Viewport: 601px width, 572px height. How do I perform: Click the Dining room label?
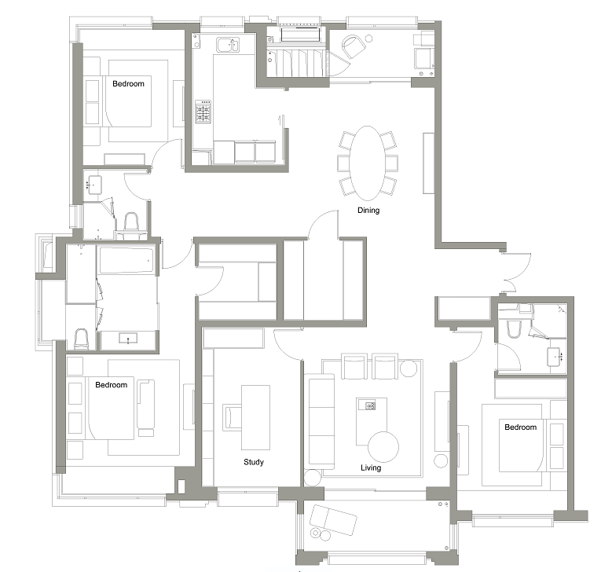pyautogui.click(x=368, y=210)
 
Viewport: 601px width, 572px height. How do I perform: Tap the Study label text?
pyautogui.click(x=254, y=462)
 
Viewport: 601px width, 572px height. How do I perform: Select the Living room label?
pyautogui.click(x=371, y=467)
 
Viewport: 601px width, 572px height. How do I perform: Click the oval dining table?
pyautogui.click(x=368, y=163)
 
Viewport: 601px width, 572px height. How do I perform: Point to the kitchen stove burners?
pyautogui.click(x=203, y=112)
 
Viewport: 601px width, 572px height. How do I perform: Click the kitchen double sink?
pyautogui.click(x=228, y=45)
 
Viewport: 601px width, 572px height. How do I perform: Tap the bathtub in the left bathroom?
pyautogui.click(x=126, y=260)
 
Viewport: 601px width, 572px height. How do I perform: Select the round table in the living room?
pyautogui.click(x=383, y=447)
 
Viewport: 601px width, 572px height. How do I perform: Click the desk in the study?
pyautogui.click(x=255, y=417)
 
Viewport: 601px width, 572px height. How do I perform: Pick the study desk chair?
pyautogui.click(x=232, y=417)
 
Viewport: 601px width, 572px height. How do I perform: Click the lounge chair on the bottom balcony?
pyautogui.click(x=333, y=520)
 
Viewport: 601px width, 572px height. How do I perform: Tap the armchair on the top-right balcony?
pyautogui.click(x=354, y=46)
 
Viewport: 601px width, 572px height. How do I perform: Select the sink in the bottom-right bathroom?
pyautogui.click(x=554, y=357)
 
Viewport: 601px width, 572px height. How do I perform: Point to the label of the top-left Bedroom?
pyautogui.click(x=128, y=83)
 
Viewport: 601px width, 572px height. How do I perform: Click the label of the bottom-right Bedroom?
pyautogui.click(x=521, y=427)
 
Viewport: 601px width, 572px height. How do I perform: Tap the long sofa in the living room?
pyautogui.click(x=321, y=421)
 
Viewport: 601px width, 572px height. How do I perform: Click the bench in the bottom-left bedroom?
pyautogui.click(x=145, y=405)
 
